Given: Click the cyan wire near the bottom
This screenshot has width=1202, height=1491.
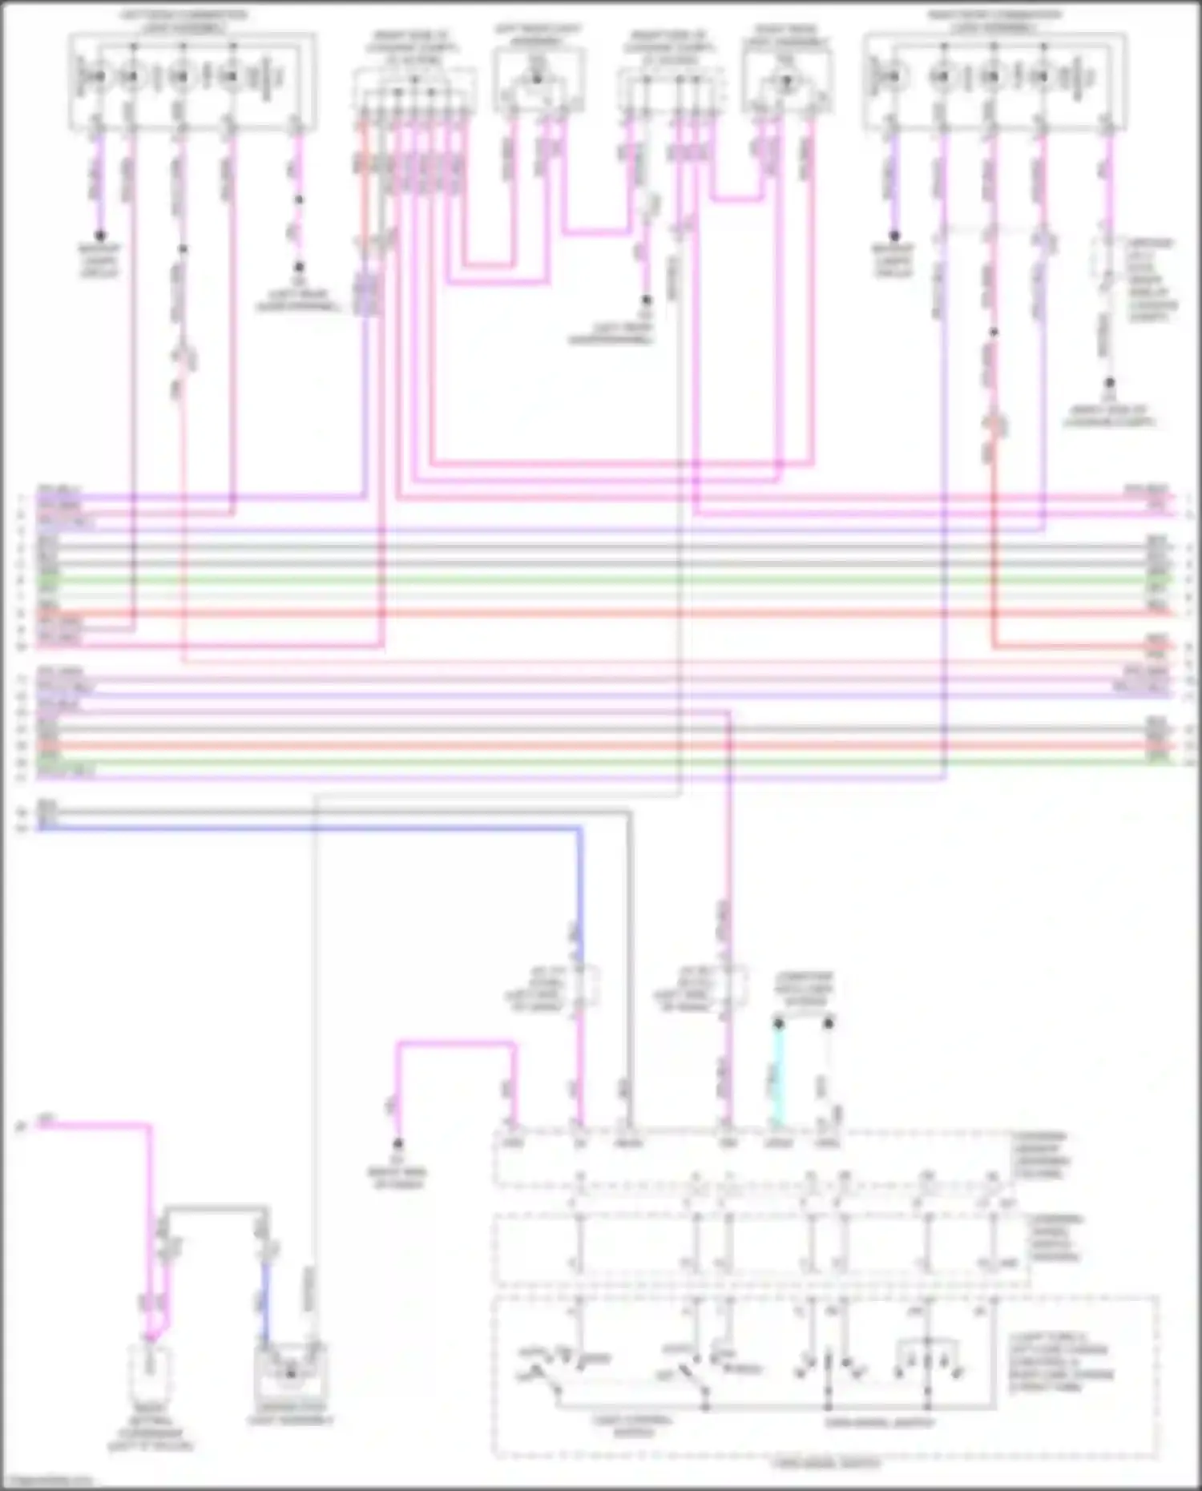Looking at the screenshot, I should click(777, 1074).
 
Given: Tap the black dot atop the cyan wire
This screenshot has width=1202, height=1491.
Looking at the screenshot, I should click(778, 1024).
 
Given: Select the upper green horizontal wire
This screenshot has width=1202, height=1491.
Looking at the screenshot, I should click(601, 579).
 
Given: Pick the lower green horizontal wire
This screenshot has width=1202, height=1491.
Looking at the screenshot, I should click(601, 762).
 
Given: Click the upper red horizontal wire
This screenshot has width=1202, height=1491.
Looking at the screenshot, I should click(601, 614).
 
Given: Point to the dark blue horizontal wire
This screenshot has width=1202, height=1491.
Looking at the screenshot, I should click(321, 828).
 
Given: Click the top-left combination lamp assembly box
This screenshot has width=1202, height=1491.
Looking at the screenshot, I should click(192, 80).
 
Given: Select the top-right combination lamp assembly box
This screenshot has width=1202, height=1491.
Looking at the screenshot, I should click(994, 80).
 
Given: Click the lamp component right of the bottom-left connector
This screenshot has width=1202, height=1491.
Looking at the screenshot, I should click(290, 1372).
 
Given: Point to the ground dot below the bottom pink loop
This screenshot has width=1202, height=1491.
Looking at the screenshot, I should click(397, 1143).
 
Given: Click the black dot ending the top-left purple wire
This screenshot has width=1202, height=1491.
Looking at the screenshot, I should click(100, 236).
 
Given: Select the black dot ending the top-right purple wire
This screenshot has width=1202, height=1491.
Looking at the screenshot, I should click(894, 236).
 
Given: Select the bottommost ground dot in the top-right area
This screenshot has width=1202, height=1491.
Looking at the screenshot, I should click(1109, 384).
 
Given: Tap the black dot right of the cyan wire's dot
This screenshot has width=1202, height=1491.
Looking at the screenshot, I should click(829, 1024).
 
